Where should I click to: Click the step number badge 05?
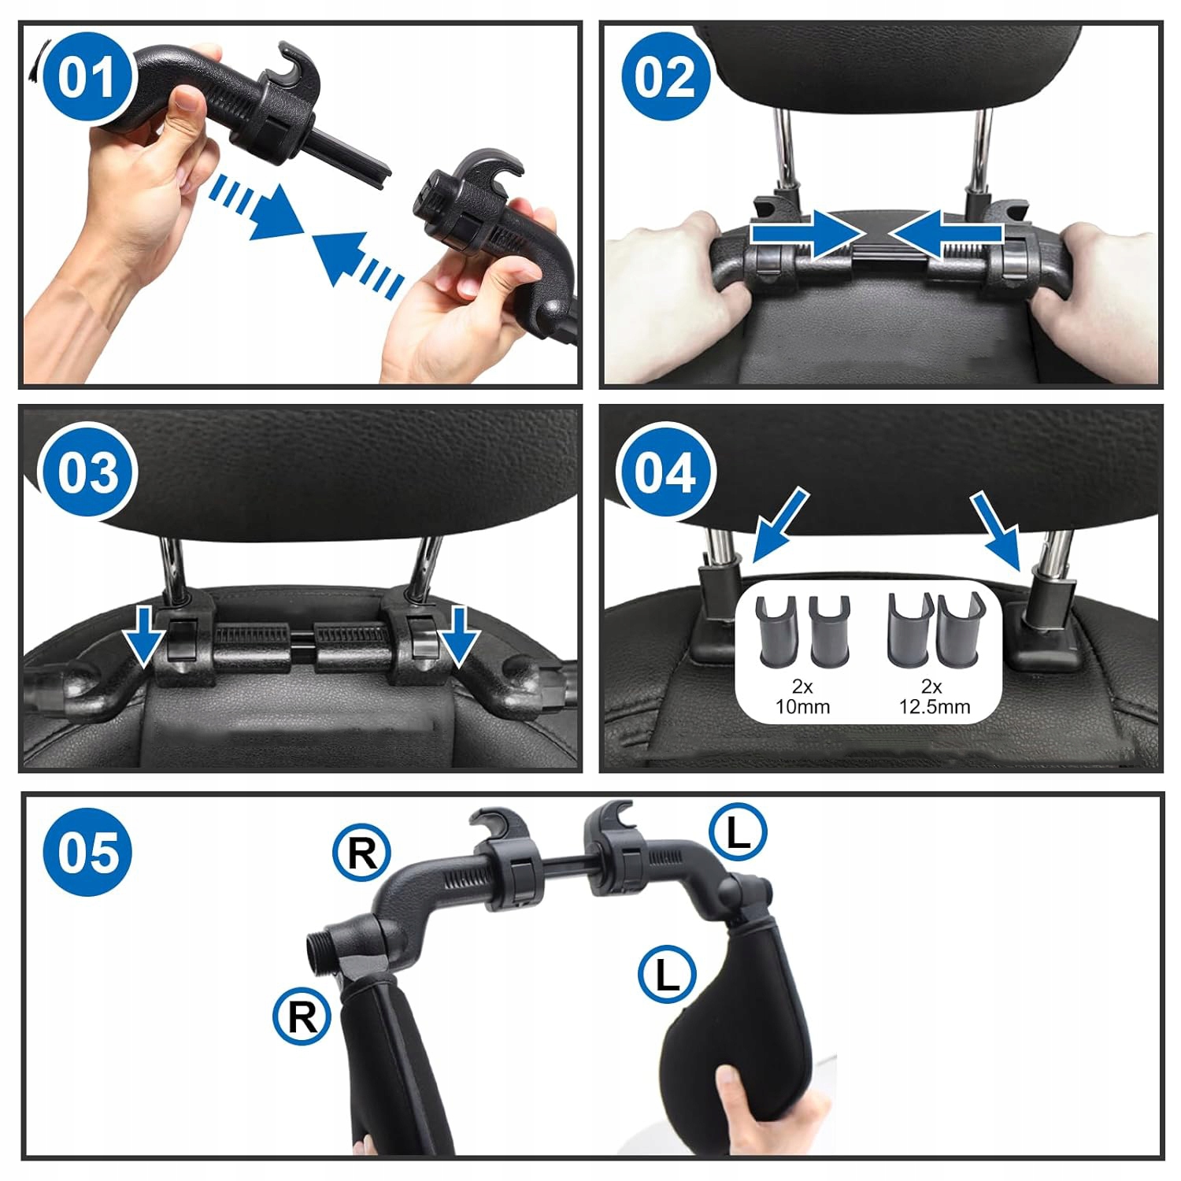tap(88, 852)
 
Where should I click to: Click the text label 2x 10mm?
tap(802, 697)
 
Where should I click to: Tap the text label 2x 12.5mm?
tap(935, 697)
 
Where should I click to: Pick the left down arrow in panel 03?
tap(145, 635)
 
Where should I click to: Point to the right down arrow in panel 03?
tap(460, 635)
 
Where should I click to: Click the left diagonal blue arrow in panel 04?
tap(779, 525)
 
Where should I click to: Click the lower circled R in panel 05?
tap(302, 1016)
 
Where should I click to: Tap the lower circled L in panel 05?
tap(667, 975)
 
